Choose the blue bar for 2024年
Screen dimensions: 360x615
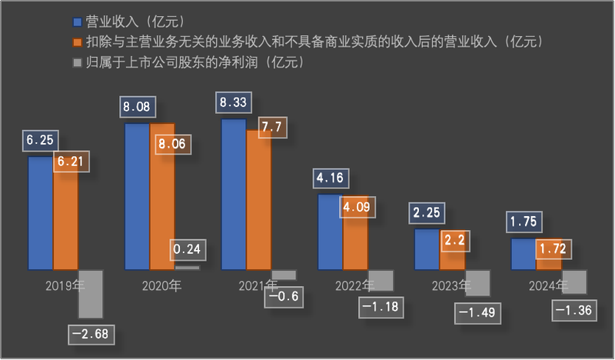524,254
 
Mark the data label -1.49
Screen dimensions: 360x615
477,313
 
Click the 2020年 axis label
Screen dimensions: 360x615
162,286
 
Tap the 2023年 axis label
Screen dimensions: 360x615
452,286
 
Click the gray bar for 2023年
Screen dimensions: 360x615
477,282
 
